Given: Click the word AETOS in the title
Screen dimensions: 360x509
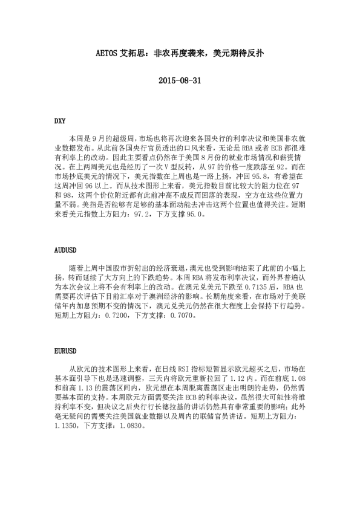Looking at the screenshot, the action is pyautogui.click(x=110, y=53).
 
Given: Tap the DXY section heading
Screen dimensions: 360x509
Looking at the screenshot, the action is pyautogui.click(x=60, y=121).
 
